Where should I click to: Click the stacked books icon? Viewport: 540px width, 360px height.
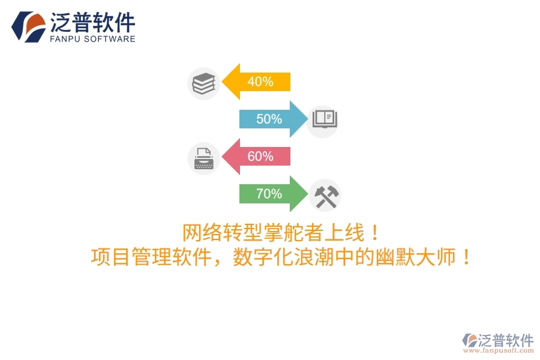[203, 83]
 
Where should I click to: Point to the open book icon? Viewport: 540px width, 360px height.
[323, 119]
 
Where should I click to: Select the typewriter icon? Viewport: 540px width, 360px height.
[203, 159]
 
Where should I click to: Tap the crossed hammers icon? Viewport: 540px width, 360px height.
[326, 196]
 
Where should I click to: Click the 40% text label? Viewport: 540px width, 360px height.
[260, 82]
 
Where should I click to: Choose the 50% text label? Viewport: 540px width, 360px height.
[269, 119]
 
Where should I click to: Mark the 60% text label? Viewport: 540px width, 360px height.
[260, 157]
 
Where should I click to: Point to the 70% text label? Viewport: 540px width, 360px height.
[269, 194]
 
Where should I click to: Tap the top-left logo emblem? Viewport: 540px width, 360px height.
[28, 26]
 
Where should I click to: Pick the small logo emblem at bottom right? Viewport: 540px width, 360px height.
[469, 341]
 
